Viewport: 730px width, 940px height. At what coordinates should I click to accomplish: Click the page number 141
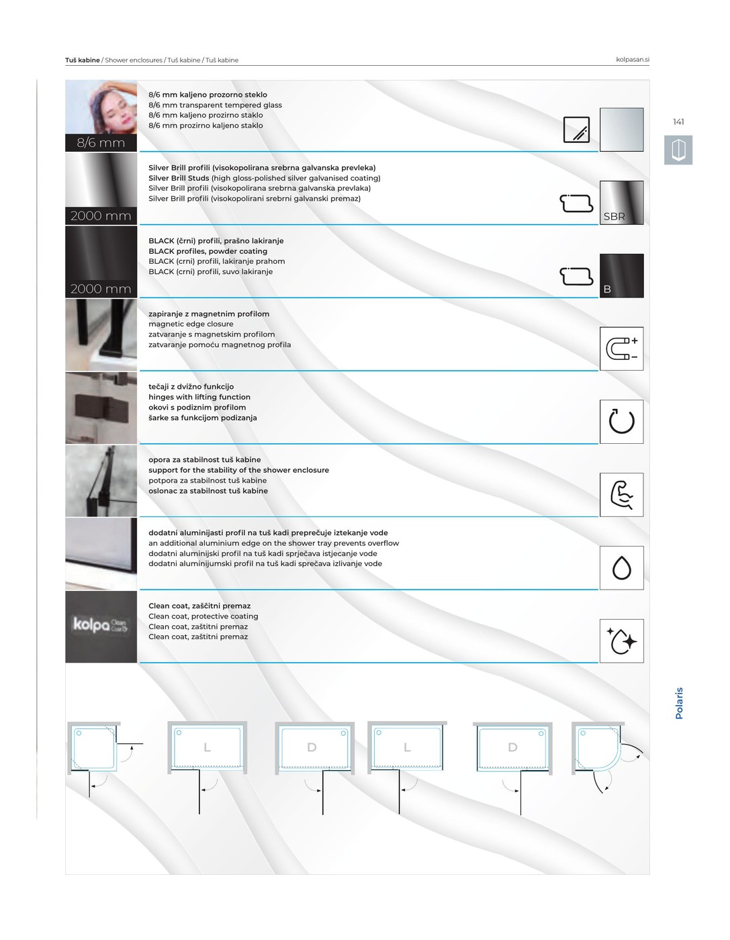(x=678, y=122)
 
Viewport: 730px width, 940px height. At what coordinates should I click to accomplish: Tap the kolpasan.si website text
(x=632, y=60)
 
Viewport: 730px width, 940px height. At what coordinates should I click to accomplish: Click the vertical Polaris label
(x=679, y=703)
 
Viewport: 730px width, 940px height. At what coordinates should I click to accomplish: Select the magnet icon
(x=621, y=348)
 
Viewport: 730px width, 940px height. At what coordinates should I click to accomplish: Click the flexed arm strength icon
(x=621, y=494)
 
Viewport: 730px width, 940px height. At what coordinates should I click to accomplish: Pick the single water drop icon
(x=621, y=567)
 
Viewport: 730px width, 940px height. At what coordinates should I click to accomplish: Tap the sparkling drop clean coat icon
(x=621, y=641)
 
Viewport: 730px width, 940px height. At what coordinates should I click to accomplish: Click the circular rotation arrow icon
(x=621, y=422)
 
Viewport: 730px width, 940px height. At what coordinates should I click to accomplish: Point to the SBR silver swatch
(x=621, y=203)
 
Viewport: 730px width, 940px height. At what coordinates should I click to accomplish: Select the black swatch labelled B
(x=621, y=275)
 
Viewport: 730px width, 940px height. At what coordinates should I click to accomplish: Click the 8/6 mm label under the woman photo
(x=101, y=143)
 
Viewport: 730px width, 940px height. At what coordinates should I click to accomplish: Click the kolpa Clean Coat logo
(x=100, y=624)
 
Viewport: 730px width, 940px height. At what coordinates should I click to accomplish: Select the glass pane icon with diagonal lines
(x=576, y=130)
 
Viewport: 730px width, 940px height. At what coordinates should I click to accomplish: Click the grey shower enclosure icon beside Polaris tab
(x=678, y=150)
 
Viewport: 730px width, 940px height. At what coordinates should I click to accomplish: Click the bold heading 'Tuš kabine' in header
(x=82, y=60)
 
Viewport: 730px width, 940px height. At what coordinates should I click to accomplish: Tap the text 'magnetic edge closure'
(x=191, y=324)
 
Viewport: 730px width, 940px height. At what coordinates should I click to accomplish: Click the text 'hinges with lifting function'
(x=199, y=397)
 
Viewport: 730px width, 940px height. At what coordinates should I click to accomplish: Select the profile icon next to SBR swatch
(x=576, y=203)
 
